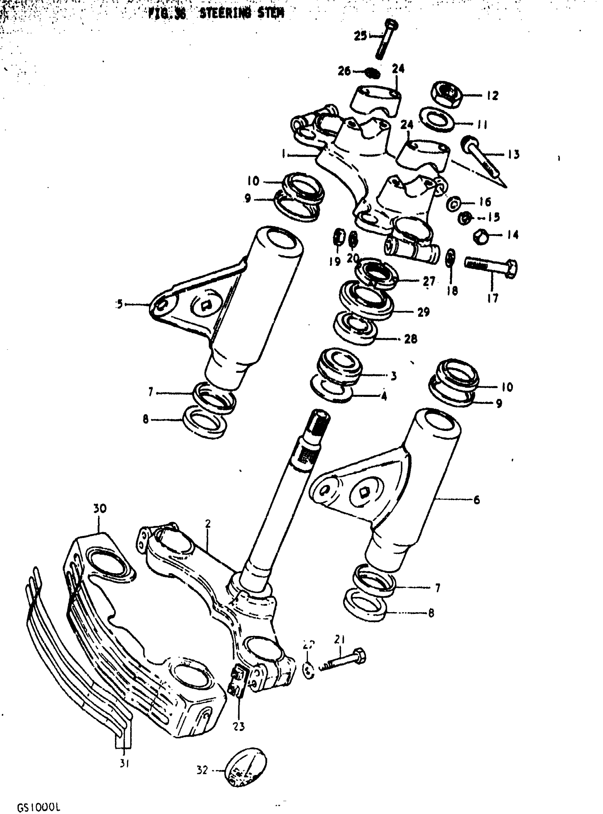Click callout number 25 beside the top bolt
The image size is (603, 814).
pos(360,36)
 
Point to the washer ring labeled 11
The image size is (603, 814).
pos(437,120)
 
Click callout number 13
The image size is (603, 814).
pos(513,154)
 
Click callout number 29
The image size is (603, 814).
pos(424,312)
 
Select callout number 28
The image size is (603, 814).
pos(411,339)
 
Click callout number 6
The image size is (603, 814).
pos(477,500)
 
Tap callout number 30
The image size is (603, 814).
pos(100,509)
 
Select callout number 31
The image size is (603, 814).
pos(124,764)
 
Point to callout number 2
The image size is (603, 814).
pos(208,524)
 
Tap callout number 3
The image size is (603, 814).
pos(393,376)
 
